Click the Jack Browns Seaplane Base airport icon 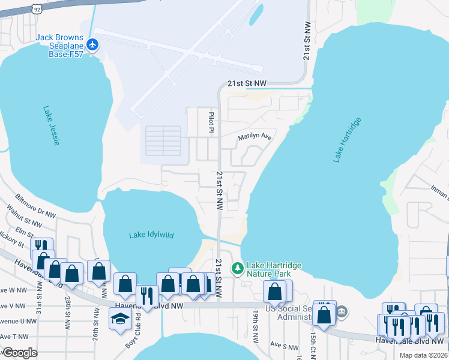[92, 44]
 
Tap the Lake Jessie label [51, 125]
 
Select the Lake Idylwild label [151, 235]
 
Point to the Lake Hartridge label [348, 140]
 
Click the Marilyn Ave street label [255, 137]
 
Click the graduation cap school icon [119, 319]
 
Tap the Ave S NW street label [280, 344]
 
